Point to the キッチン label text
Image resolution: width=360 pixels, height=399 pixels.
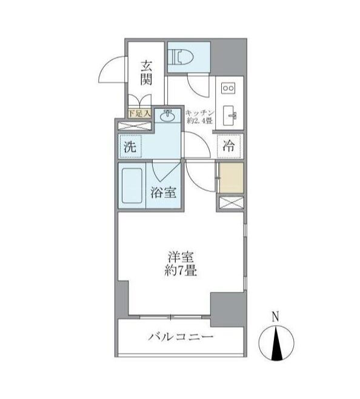(199, 111)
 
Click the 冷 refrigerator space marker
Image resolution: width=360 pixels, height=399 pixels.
(230, 146)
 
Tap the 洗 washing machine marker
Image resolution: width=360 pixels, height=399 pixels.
(130, 146)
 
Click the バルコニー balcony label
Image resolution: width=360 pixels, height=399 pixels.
(180, 337)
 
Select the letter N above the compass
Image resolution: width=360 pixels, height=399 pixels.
(275, 317)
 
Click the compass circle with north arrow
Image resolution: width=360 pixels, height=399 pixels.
(276, 343)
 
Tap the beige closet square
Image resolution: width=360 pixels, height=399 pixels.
(231, 177)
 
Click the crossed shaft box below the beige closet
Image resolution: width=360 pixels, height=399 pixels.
(230, 203)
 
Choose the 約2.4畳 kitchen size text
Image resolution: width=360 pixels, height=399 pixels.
(199, 120)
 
